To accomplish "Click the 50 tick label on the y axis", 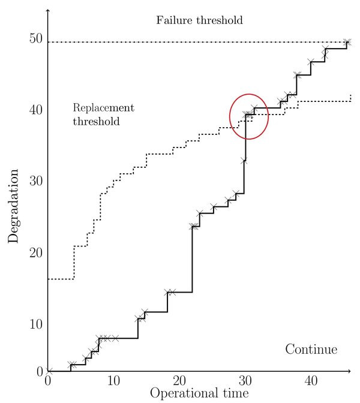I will point(35,39).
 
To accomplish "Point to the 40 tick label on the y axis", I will point(35,110).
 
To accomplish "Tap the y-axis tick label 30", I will point(35,181).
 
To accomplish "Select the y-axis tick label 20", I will point(35,252).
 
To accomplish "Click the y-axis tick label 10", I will point(35,324).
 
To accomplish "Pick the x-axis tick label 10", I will point(113,381).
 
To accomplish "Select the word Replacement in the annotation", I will point(103,109).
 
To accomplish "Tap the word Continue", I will point(311,350).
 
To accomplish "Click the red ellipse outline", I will point(268,117).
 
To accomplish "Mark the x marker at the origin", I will point(49,372).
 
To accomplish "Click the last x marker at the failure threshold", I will point(347,42).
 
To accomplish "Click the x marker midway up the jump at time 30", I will point(244,161).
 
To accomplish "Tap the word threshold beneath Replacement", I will point(96,122).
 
